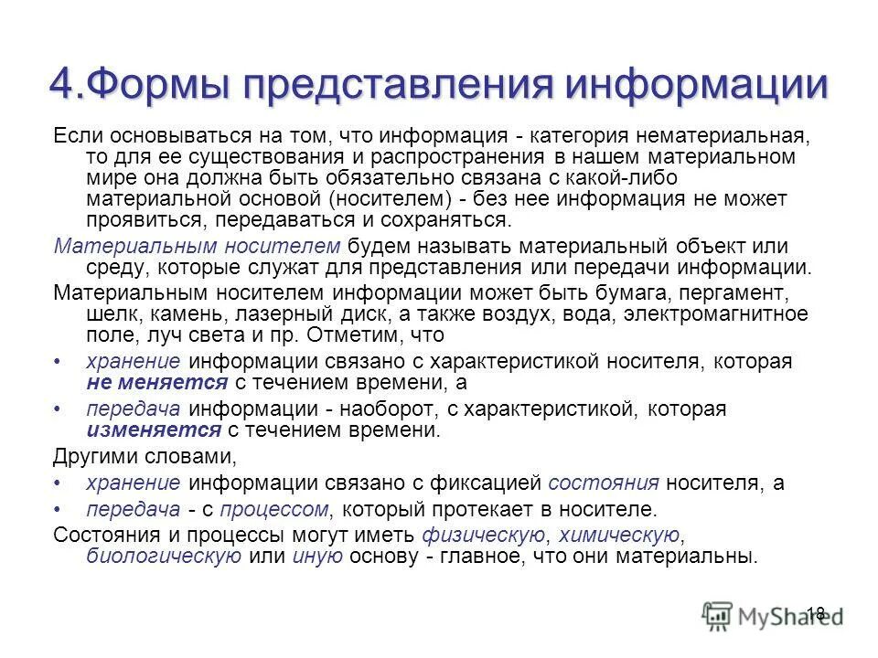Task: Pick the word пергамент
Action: [729, 294]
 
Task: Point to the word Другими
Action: [97, 455]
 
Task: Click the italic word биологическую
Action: [162, 557]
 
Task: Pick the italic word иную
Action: [317, 557]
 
